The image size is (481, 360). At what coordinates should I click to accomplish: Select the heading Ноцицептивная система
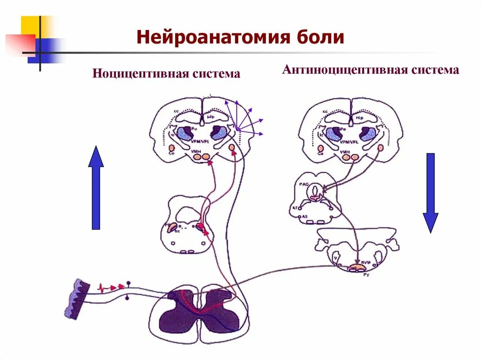coord(166,74)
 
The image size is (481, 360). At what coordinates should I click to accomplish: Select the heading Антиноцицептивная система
coord(370,70)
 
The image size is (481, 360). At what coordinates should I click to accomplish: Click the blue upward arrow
coord(96,187)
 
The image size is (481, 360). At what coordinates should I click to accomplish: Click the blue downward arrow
coord(430,193)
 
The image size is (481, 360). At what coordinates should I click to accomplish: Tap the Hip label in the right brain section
coord(360,116)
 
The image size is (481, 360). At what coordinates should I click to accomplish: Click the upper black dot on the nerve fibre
coord(128,283)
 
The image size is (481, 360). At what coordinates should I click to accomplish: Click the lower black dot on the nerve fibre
coord(128,297)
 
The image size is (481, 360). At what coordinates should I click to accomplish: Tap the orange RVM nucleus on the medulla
coord(357,268)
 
